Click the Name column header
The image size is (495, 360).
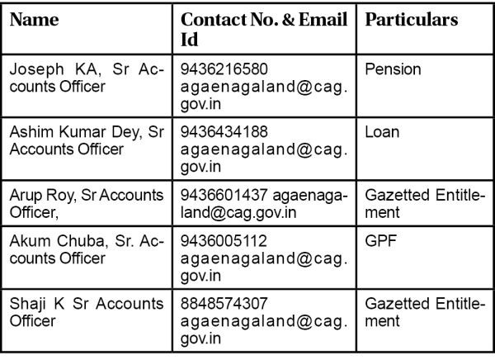click(x=34, y=20)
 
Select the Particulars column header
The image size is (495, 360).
click(x=410, y=20)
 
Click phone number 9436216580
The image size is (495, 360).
click(x=224, y=69)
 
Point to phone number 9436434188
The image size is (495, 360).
click(x=224, y=131)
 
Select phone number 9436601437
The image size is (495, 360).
click(x=224, y=196)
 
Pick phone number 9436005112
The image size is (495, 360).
click(x=224, y=241)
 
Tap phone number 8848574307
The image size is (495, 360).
click(x=224, y=305)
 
